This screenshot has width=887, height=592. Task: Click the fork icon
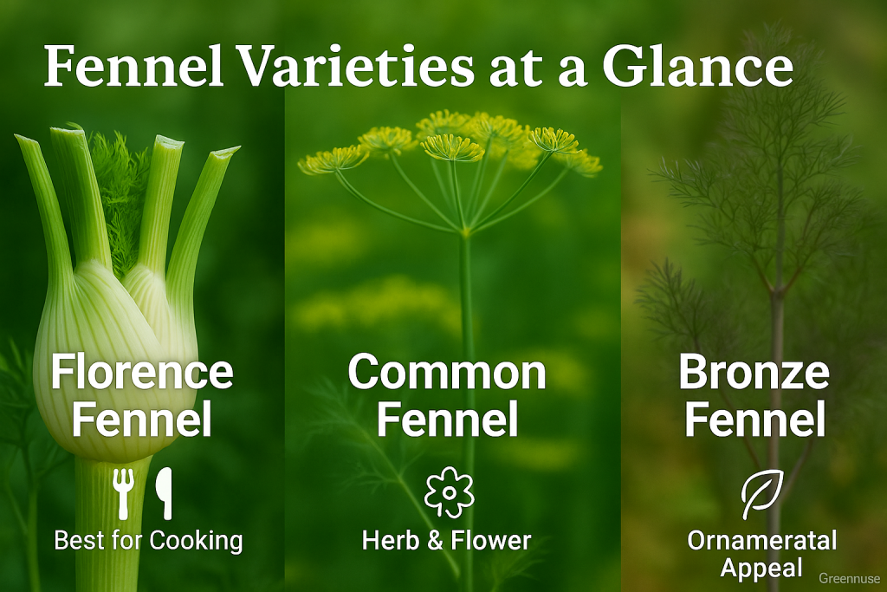[x=123, y=493]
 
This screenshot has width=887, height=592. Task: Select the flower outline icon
[x=450, y=491]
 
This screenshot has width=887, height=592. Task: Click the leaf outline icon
[x=762, y=494]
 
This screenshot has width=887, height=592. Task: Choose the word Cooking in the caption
[x=197, y=542]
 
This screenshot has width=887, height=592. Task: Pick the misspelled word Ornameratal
[x=762, y=541]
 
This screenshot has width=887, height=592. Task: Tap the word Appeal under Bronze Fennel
[x=761, y=569]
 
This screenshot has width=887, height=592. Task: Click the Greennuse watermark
[x=850, y=578]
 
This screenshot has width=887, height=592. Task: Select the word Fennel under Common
[x=448, y=419]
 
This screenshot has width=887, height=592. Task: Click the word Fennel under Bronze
[x=755, y=419]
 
